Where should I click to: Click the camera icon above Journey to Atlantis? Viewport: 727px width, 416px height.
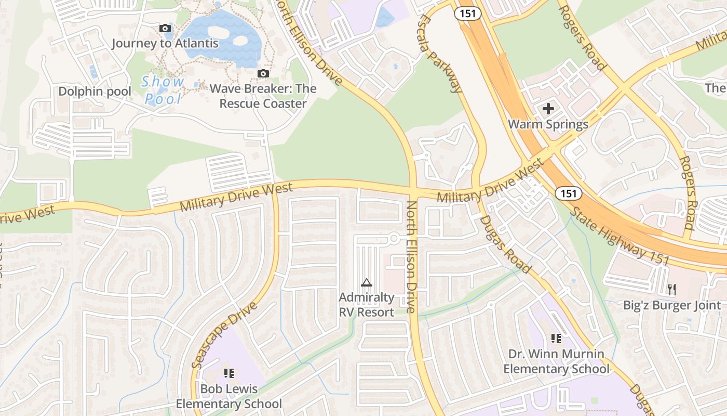pyautogui.click(x=165, y=28)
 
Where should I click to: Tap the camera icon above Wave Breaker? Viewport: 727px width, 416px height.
pyautogui.click(x=263, y=73)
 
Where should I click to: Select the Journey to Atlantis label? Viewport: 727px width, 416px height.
pyautogui.click(x=165, y=43)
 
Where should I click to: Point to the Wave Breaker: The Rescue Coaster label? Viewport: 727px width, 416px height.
pyautogui.click(x=263, y=96)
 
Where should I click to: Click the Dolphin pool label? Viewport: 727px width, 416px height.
pyautogui.click(x=95, y=92)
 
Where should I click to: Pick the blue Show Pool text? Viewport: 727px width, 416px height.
pyautogui.click(x=164, y=90)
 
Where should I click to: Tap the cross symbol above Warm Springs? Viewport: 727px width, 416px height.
pyautogui.click(x=548, y=109)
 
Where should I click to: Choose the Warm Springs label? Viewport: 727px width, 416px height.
pyautogui.click(x=548, y=124)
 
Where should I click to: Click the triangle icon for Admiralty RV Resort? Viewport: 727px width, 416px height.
pyautogui.click(x=367, y=283)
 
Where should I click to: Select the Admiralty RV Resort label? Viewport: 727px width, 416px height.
pyautogui.click(x=367, y=305)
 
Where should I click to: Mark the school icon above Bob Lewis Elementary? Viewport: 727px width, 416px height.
pyautogui.click(x=229, y=373)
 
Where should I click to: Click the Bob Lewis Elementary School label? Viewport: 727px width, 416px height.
pyautogui.click(x=229, y=396)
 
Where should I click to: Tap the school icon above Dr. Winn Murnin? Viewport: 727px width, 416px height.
pyautogui.click(x=556, y=339)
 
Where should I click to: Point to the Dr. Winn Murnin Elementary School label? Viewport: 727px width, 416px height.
pyautogui.click(x=556, y=361)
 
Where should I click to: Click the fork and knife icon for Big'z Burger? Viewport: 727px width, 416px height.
pyautogui.click(x=672, y=290)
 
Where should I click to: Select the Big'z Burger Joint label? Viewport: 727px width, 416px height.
pyautogui.click(x=672, y=305)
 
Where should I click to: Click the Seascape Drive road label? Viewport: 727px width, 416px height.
pyautogui.click(x=224, y=335)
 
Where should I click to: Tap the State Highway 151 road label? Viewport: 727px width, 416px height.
pyautogui.click(x=619, y=236)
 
